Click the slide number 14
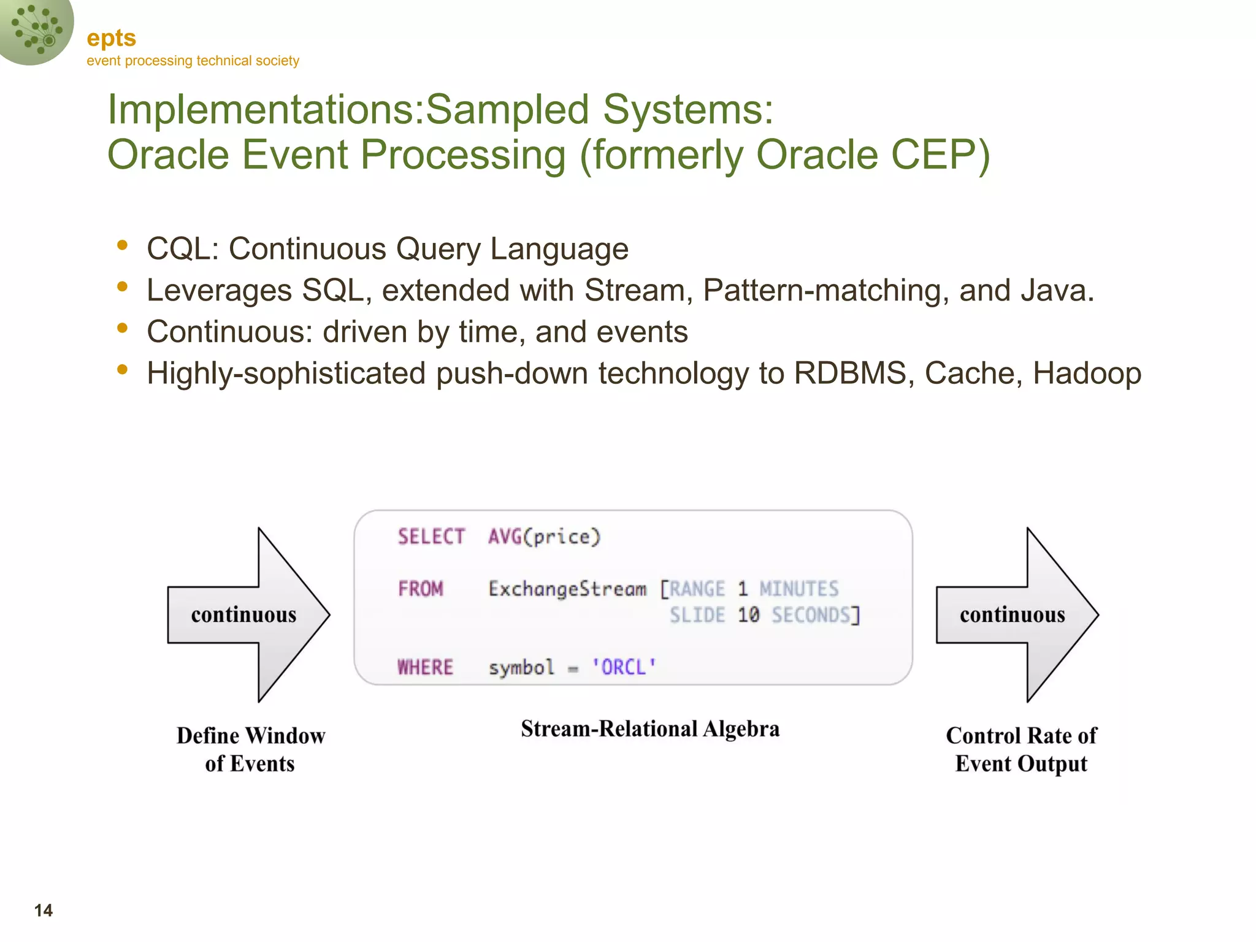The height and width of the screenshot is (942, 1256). tap(44, 910)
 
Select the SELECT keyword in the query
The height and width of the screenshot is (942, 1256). tap(431, 537)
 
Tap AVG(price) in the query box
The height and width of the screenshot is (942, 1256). tap(544, 537)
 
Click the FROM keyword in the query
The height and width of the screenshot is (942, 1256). tap(421, 589)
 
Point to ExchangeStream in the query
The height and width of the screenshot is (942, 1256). tap(567, 589)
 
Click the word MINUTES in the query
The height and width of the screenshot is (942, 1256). tap(798, 589)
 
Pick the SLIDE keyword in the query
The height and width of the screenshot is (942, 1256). tap(697, 615)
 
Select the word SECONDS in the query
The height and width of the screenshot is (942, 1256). tap(811, 615)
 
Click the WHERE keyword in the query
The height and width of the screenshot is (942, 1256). tap(426, 667)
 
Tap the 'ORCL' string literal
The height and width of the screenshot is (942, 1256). tap(624, 667)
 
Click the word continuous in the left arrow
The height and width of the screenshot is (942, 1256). tap(243, 615)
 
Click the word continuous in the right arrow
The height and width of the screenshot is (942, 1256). tap(1012, 615)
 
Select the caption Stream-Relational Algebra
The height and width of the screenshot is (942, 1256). tap(650, 729)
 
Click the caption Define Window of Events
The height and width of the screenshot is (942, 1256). tap(251, 749)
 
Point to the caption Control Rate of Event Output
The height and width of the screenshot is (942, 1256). tap(1021, 749)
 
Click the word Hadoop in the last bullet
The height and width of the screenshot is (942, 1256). tap(1087, 373)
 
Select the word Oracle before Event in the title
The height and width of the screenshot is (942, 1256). tap(169, 154)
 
